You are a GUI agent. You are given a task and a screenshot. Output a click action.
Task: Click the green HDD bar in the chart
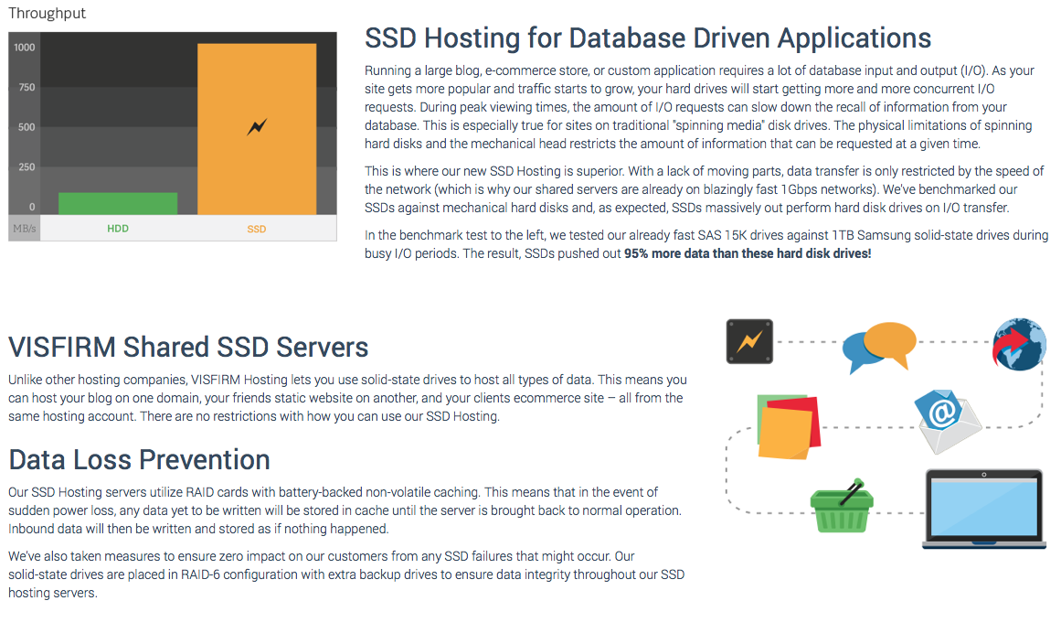coord(118,203)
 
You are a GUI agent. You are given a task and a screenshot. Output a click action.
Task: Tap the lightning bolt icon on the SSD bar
coord(257,127)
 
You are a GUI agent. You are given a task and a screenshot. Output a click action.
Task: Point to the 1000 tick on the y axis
coord(25,48)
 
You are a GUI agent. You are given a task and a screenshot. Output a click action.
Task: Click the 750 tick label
coord(27,88)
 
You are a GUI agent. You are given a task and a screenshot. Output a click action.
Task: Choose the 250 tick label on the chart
coord(27,167)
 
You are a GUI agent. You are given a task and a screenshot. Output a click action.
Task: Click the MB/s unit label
coord(25,229)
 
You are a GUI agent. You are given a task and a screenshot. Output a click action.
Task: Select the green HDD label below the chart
coord(118,229)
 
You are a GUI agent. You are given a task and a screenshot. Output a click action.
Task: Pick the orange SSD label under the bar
coord(257,229)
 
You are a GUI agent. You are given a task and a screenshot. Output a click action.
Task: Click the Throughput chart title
coord(47,14)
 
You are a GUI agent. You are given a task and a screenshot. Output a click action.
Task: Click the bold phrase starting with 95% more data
coord(748,253)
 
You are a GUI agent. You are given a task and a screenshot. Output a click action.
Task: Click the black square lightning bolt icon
coord(749,341)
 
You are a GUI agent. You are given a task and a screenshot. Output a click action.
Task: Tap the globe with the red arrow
coord(1019,344)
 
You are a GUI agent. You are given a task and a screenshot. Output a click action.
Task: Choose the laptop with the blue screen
coord(983,508)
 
